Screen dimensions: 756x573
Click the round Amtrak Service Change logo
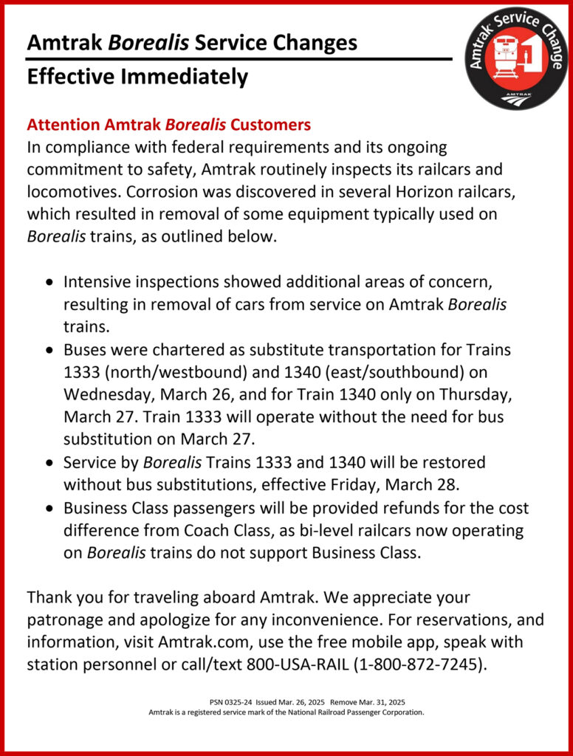pos(517,59)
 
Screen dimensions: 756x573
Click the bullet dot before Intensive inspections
pos(49,283)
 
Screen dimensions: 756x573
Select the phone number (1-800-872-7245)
pos(421,664)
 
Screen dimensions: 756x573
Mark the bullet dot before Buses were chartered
pos(49,350)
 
